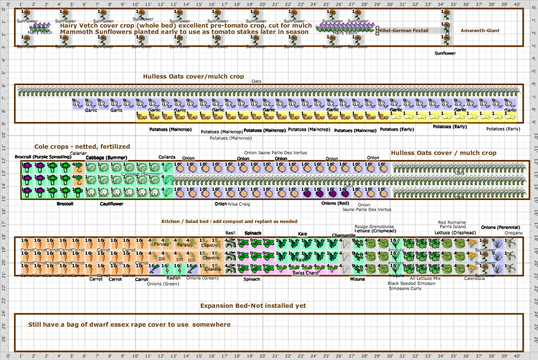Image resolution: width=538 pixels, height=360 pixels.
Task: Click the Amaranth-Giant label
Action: [480, 30]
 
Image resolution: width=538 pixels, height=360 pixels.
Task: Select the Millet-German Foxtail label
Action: [403, 30]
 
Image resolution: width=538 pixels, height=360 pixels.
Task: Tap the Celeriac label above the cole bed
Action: [78, 153]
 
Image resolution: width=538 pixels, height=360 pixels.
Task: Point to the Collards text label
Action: [167, 157]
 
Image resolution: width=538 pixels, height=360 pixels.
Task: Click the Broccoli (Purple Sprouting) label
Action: [43, 157]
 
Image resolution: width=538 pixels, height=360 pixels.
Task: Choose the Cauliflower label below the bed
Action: [111, 204]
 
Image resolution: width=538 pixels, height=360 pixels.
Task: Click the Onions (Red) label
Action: [335, 203]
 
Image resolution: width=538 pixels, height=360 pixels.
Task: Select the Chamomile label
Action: [344, 236]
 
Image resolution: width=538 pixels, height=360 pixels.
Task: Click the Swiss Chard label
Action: [305, 273]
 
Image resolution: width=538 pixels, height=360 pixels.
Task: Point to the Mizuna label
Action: [357, 279]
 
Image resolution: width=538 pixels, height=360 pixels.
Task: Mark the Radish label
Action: [174, 278]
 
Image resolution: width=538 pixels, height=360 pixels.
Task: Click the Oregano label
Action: [513, 233]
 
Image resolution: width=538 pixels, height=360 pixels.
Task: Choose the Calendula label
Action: [475, 279]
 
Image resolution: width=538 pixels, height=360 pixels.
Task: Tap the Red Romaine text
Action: [452, 222]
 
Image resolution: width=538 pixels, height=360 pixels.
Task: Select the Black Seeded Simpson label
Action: [411, 283]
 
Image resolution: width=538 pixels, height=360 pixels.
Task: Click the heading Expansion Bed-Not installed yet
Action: [253, 306]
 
